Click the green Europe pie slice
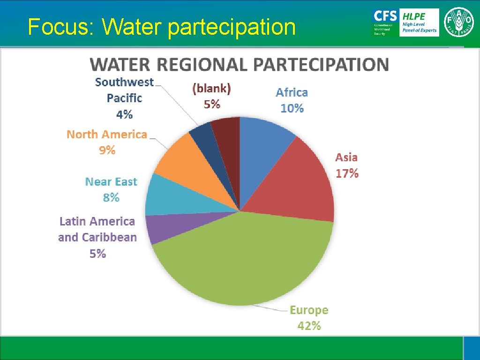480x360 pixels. point(244,262)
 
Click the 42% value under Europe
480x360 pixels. point(309,326)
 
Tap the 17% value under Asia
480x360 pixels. point(347,173)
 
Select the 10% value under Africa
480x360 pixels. point(292,108)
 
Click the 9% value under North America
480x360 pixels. point(107,150)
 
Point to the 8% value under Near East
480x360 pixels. point(111,198)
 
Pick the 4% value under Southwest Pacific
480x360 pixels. point(124,114)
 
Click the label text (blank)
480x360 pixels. point(212,88)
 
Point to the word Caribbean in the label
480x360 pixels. point(109,237)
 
